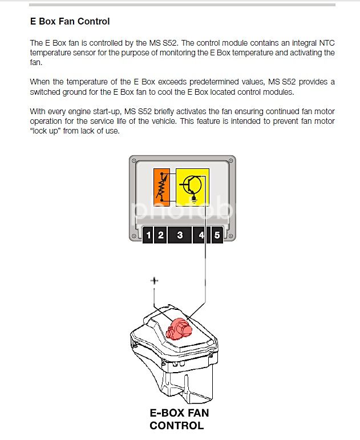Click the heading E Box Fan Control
tap(70, 22)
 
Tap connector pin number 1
tap(148, 235)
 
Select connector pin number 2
tap(161, 235)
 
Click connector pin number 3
tap(180, 235)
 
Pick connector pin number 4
tap(201, 235)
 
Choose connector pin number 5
tap(217, 235)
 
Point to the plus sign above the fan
tap(153, 281)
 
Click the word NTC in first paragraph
tap(309, 43)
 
